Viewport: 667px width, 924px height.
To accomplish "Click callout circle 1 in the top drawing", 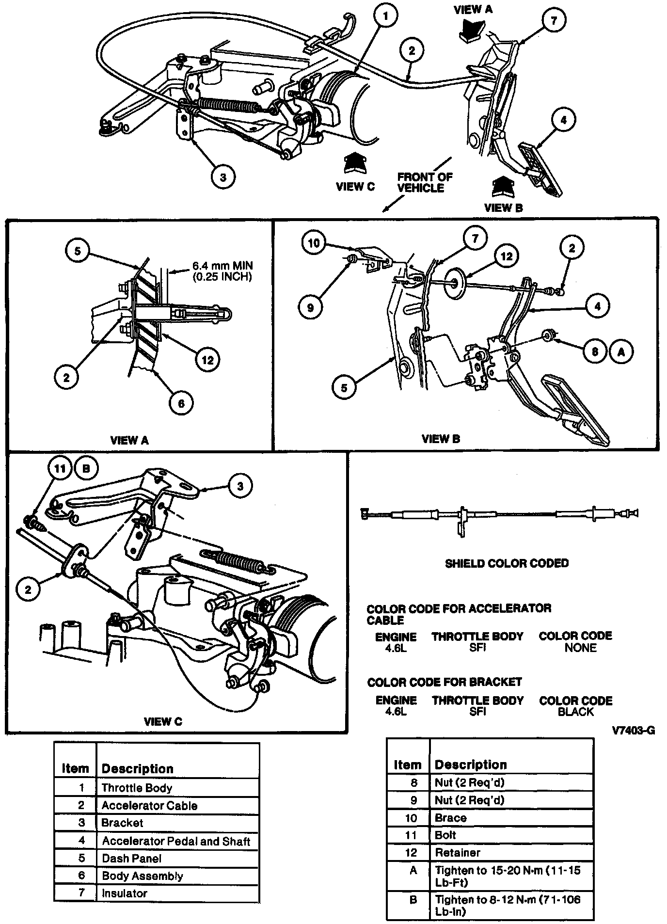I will (x=386, y=17).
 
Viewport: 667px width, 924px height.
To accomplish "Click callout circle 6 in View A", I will (x=181, y=403).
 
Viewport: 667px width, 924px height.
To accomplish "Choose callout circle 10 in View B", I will (x=314, y=242).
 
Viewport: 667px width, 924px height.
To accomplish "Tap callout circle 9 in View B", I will (x=311, y=307).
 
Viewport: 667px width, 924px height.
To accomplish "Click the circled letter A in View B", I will (x=621, y=351).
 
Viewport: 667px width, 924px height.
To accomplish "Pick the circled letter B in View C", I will (x=86, y=469).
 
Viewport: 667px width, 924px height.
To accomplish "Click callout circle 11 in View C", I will (x=60, y=469).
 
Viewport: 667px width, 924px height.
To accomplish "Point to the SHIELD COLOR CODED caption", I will (x=507, y=563).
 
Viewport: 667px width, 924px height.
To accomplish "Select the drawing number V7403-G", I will (x=633, y=731).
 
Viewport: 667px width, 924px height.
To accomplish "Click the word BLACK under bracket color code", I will (x=576, y=712).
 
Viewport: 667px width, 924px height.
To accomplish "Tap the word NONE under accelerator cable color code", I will (x=580, y=648).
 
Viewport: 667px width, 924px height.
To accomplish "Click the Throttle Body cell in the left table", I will (x=137, y=788).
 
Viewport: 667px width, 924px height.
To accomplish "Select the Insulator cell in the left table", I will (x=125, y=893).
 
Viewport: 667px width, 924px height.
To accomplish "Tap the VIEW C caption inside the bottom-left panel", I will (x=163, y=721).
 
